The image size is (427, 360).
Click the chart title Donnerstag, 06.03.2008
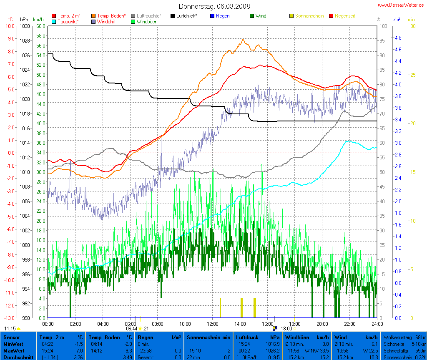(x=214, y=6)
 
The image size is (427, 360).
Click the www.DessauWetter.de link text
(x=401, y=5)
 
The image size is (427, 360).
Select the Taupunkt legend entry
(x=66, y=21)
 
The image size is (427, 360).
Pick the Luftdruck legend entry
(x=184, y=16)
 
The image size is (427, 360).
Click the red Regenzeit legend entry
(x=342, y=16)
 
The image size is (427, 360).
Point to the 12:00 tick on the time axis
(x=213, y=324)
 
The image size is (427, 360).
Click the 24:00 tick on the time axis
(x=377, y=324)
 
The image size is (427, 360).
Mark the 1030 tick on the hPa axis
(x=25, y=26)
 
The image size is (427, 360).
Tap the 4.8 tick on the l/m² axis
(x=397, y=38)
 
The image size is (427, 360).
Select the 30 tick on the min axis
(x=413, y=26)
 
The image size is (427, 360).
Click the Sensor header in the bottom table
(x=11, y=337)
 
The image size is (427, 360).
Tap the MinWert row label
(x=13, y=344)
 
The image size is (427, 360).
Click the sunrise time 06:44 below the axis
(x=131, y=328)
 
